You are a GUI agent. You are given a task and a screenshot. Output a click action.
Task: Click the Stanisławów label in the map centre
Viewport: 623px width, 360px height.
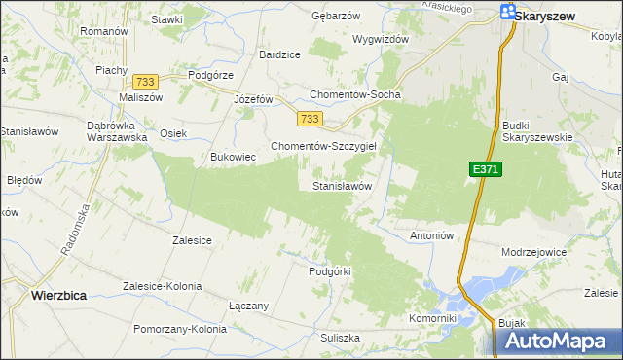(342, 185)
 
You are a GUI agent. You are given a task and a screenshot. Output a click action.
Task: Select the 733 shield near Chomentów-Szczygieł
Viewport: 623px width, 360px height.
(310, 119)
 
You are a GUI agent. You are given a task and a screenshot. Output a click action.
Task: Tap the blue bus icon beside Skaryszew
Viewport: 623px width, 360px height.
(508, 12)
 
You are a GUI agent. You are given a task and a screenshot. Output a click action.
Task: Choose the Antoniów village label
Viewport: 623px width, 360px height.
(433, 235)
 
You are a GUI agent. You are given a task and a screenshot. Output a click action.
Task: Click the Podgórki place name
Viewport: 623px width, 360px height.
(328, 271)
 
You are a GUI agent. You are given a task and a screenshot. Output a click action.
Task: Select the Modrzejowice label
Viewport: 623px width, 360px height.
(533, 251)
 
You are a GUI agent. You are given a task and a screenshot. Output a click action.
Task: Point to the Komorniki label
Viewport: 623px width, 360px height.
(433, 318)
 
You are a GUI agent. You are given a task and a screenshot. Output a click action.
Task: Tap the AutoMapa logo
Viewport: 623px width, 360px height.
(559, 341)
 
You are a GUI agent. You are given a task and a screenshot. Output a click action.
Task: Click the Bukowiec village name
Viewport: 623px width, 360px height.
(233, 156)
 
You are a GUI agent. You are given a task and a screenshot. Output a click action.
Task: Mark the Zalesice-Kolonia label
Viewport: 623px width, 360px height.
(162, 286)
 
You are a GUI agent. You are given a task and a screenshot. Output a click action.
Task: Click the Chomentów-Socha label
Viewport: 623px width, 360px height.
(354, 94)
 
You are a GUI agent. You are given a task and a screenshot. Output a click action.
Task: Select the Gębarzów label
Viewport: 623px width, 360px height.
(335, 17)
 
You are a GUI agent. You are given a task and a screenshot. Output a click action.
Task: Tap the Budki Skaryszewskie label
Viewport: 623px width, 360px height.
(536, 131)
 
